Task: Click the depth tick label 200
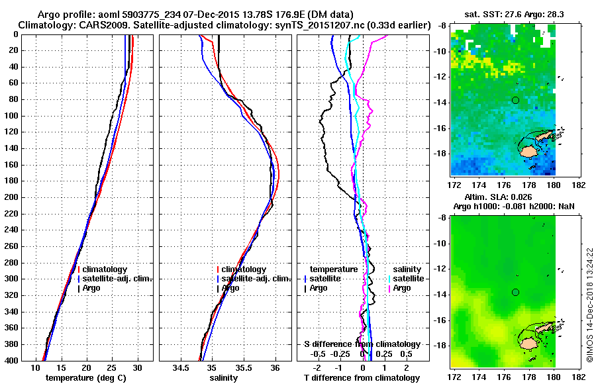tap(28, 197)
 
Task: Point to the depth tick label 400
tap(28, 361)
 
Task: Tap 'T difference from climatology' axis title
tap(362, 378)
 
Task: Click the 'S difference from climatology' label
tap(362, 344)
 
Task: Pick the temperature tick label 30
tap(137, 367)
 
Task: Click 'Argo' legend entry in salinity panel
tap(230, 288)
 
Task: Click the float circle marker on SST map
tap(515, 100)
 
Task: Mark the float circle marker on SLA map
tap(515, 292)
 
